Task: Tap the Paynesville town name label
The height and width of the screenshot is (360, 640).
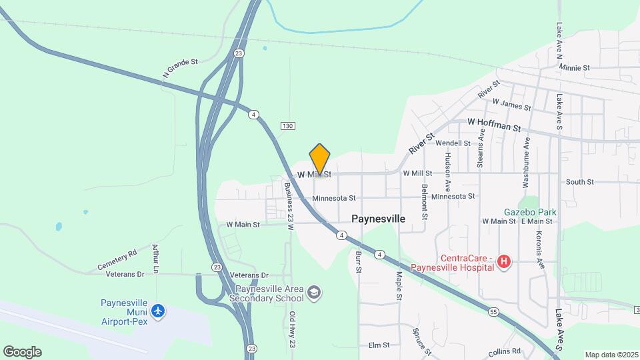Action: point(378,218)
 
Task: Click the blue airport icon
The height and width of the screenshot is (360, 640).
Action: point(158,311)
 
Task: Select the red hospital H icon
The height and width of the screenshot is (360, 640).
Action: point(504,263)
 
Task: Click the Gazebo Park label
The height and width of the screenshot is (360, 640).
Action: point(530,212)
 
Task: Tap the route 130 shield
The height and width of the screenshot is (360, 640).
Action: point(287,126)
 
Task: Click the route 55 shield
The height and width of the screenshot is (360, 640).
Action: point(493,311)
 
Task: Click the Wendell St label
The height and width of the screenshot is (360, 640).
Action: point(453,143)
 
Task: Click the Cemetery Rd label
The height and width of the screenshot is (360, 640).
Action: point(117,259)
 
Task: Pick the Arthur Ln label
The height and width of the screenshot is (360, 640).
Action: point(155,259)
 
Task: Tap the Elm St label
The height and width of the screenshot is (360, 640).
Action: point(379,345)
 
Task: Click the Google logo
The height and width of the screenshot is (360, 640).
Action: point(22,352)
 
